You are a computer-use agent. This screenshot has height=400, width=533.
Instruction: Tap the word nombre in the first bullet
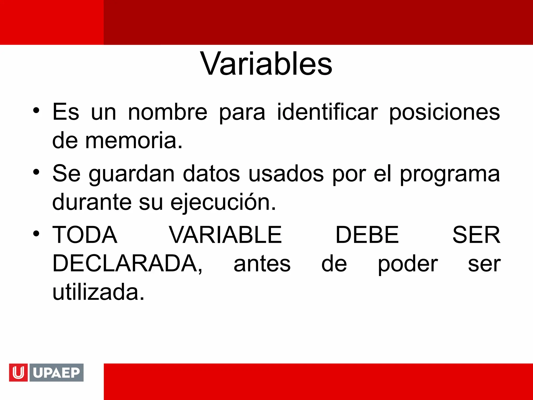pos(168,112)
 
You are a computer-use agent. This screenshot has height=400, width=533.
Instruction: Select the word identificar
pos(327,112)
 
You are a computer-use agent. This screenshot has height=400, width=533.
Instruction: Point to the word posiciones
pos(444,112)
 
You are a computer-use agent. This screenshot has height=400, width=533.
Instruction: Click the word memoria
pos(134,141)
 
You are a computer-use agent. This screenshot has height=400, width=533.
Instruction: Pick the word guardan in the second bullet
pos(131,174)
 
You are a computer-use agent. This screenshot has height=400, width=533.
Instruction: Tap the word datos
pos(211,174)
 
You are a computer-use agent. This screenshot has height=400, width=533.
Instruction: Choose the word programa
pos(450,174)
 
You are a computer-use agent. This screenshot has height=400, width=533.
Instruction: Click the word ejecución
pos(223,202)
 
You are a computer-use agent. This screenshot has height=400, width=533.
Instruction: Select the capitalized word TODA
pos(85,235)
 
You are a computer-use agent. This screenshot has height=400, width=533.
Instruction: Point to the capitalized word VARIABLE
pos(225,235)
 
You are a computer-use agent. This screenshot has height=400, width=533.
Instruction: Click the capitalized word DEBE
pos(367,235)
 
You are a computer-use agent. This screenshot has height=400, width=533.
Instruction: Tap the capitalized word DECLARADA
pos(127,264)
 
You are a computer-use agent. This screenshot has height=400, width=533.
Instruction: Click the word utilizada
pos(98,292)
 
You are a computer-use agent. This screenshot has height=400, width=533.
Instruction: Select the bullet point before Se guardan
pos(36,172)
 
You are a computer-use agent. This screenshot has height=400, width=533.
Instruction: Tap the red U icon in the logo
pos(18,372)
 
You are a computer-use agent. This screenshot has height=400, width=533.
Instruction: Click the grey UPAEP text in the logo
pos(56,372)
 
